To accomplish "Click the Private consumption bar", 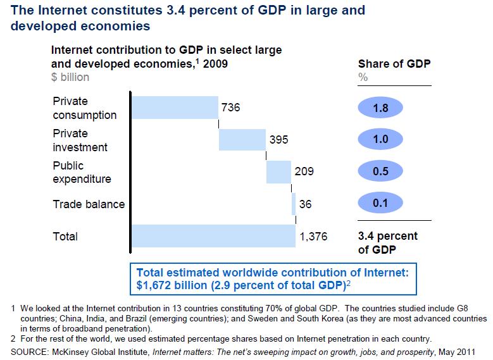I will (x=175, y=108).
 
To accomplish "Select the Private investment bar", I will (x=242, y=140).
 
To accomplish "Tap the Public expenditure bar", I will (x=278, y=171).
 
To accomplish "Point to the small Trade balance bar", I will (x=294, y=204).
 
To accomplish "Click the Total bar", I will (x=213, y=236).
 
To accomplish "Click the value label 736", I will (x=231, y=108).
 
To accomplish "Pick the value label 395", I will (x=279, y=140).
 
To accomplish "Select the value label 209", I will (x=304, y=171).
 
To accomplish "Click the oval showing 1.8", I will (x=381, y=108).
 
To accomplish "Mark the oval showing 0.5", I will (x=381, y=171).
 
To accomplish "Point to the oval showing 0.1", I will (x=381, y=204).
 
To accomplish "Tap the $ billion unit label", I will (x=70, y=77).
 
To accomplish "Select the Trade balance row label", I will (x=89, y=204).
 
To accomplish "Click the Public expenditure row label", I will (x=82, y=171).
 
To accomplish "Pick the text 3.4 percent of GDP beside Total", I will (x=387, y=242).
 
